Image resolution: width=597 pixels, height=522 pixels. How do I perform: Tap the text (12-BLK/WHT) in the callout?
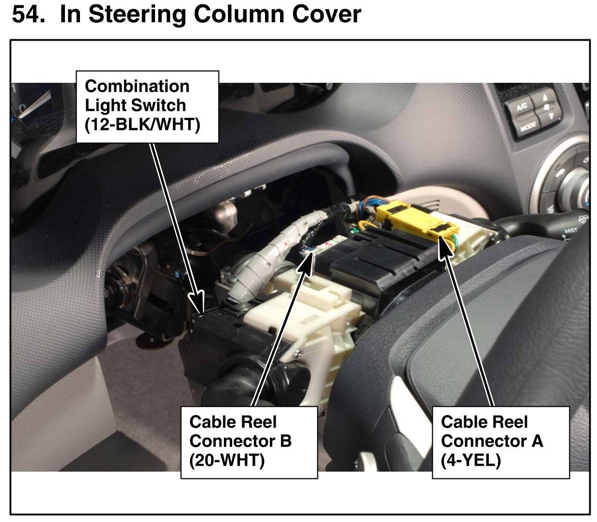coord(142,124)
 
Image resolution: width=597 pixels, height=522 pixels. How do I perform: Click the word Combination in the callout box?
coord(137,86)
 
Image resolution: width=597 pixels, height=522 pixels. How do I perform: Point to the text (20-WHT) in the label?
coord(227,460)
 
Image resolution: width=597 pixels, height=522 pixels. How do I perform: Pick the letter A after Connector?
coord(536,441)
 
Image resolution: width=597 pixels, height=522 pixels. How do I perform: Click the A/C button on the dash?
coord(521,108)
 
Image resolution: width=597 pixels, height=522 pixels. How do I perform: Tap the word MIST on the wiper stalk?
coord(570,231)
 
